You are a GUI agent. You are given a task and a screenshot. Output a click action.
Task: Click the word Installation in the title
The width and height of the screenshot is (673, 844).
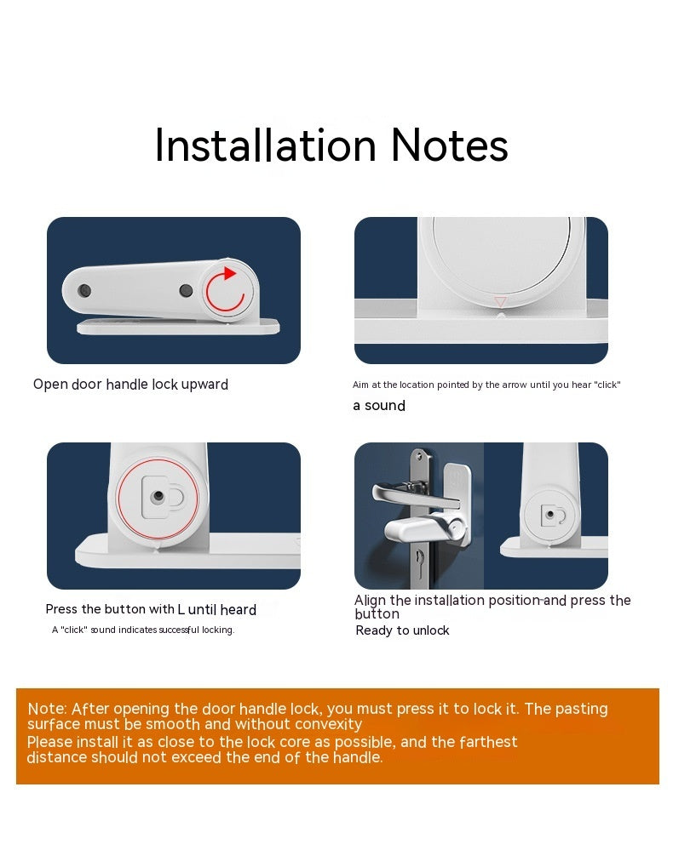coord(265,145)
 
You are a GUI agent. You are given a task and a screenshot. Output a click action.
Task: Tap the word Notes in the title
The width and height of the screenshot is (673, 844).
coord(449,145)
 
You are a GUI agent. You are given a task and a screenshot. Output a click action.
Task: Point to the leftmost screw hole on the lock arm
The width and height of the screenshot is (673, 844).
coord(83,291)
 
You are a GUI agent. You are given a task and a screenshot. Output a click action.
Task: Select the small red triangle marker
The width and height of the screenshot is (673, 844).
coord(500,302)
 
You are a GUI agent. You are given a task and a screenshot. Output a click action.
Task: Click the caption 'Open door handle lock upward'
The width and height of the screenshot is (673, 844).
coord(130,385)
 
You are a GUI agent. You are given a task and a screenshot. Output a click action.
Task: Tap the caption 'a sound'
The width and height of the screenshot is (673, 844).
coord(379,406)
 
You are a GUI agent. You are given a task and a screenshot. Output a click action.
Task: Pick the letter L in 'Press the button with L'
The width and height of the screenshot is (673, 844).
coord(181,609)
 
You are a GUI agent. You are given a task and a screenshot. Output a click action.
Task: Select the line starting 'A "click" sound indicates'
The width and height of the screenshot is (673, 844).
coord(143,630)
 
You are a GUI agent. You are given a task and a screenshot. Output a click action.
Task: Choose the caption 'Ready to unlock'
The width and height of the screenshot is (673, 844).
coord(402,630)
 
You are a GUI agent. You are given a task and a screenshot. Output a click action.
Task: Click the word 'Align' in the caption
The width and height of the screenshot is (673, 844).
coord(371,601)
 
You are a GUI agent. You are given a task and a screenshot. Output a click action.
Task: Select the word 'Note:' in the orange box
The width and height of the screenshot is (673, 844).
coord(47,709)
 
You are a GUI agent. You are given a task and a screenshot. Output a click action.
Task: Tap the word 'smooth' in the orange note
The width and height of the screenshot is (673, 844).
coord(171,725)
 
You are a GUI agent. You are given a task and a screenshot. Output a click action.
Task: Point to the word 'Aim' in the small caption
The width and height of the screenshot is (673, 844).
coord(361,385)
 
